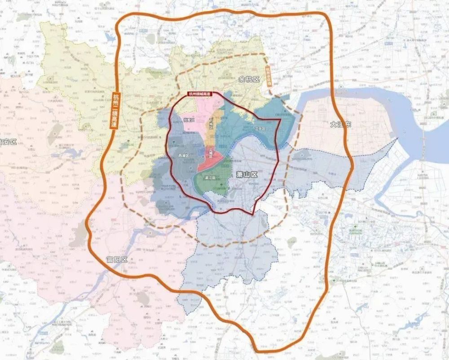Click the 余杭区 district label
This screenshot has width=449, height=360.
[x=249, y=80]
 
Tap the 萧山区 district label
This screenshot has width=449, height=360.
[x=247, y=174]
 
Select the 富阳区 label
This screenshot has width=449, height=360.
[x=117, y=260]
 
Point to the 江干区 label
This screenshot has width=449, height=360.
[x=260, y=129]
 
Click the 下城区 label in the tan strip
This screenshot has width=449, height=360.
[x=211, y=122]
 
